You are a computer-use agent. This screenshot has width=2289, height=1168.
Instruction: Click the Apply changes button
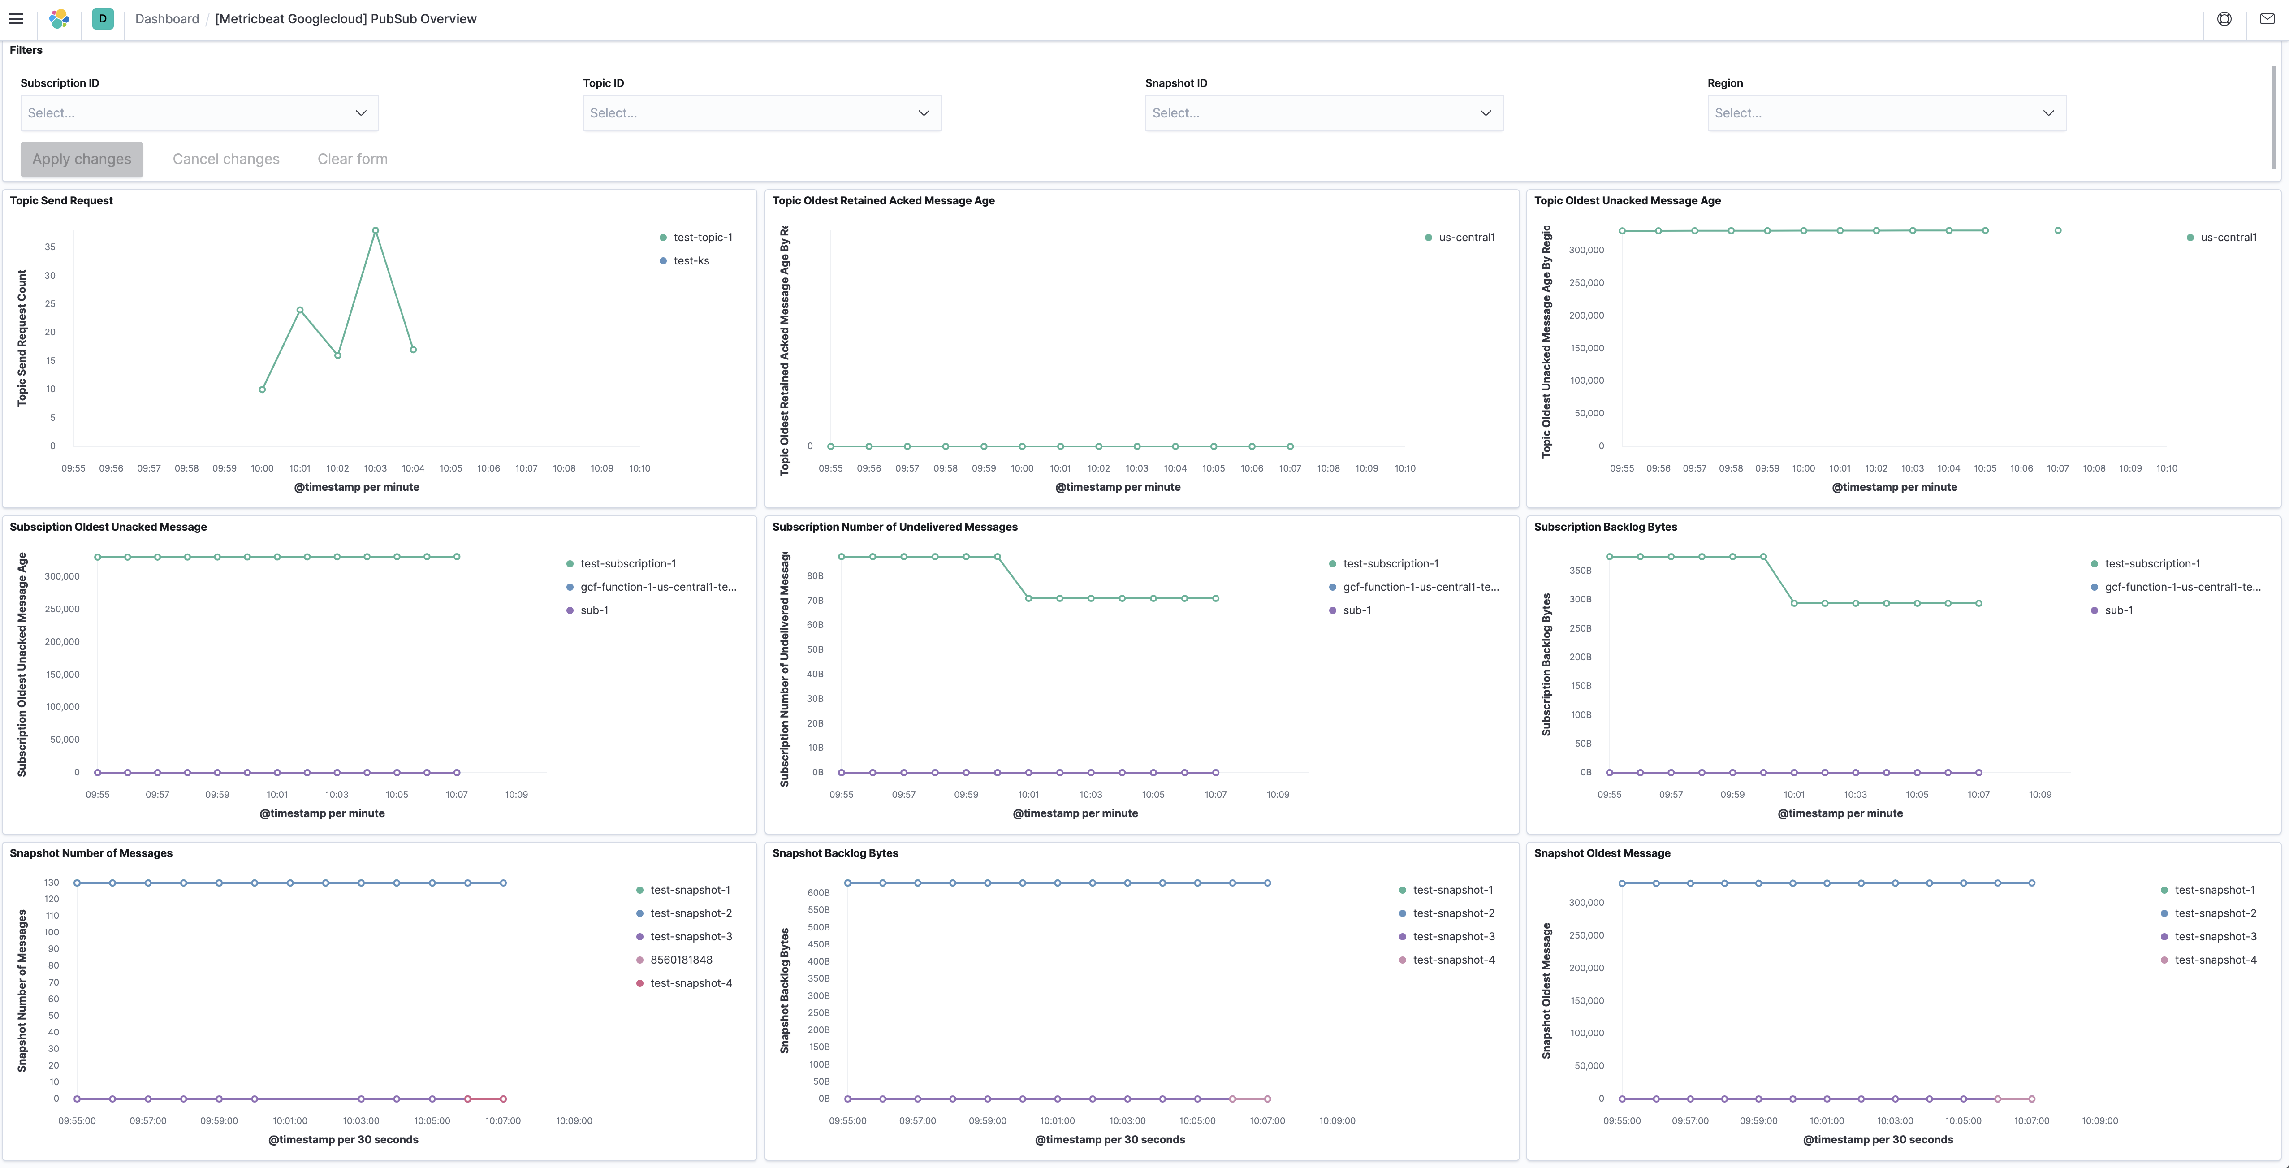(x=82, y=159)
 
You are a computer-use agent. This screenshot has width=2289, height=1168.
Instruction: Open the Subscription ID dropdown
(x=199, y=113)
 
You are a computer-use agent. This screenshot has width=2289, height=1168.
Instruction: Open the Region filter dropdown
(x=1886, y=113)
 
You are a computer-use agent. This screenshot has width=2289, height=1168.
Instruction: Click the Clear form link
(x=352, y=159)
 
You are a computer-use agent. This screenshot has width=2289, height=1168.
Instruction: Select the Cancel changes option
(x=226, y=159)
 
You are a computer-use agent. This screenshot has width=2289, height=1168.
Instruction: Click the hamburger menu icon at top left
(x=16, y=19)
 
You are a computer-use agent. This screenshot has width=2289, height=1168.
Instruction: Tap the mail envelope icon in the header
(x=2267, y=19)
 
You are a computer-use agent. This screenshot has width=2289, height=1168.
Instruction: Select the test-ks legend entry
(x=691, y=260)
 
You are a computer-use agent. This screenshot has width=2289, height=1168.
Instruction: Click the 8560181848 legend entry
(x=681, y=960)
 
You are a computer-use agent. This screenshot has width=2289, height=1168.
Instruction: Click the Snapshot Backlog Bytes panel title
(x=834, y=853)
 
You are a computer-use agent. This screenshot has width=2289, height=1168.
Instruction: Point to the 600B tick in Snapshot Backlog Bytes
(x=818, y=892)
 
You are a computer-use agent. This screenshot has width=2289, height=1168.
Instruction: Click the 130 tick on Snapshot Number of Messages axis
(x=52, y=882)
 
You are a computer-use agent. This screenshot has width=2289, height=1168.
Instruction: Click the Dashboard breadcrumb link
(x=167, y=19)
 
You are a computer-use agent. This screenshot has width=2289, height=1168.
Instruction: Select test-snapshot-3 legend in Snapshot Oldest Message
(x=2214, y=937)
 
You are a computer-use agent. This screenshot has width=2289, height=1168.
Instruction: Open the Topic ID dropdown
(x=761, y=113)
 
